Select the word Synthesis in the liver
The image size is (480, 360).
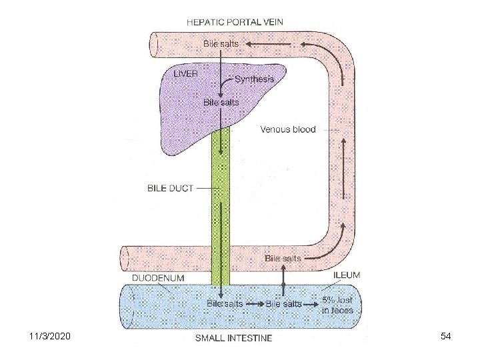(254, 79)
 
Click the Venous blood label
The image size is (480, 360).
(288, 129)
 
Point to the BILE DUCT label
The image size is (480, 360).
(170, 188)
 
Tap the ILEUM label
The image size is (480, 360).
(347, 275)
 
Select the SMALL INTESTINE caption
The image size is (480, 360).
(233, 338)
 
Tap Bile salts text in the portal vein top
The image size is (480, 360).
(221, 44)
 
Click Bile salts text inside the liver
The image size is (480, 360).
(221, 103)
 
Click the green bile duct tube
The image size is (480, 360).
(221, 200)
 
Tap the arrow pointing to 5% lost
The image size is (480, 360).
(310, 303)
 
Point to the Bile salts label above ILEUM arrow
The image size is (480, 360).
(283, 258)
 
